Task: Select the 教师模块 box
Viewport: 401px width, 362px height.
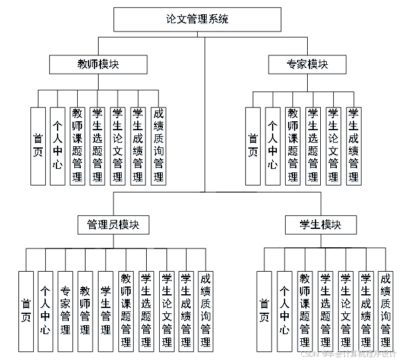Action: [97, 64]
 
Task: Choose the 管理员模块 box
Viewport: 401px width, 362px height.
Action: [113, 225]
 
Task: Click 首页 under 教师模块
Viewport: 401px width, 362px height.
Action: [37, 146]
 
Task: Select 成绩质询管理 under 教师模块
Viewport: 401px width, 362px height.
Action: [158, 146]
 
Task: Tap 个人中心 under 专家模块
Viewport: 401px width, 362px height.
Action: [272, 146]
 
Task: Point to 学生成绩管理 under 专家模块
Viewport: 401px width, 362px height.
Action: [353, 146]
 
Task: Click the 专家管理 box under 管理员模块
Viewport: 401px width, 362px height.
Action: [65, 310]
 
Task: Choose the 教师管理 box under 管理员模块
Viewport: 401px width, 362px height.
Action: [86, 310]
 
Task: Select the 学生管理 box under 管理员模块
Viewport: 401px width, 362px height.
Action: [106, 310]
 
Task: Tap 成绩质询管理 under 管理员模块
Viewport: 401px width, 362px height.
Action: [206, 310]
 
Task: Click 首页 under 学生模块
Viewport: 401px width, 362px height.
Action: [264, 310]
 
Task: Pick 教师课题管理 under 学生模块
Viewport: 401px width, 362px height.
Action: [305, 310]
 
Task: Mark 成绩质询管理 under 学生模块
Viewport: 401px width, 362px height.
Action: [385, 310]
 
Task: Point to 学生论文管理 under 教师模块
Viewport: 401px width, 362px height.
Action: [118, 146]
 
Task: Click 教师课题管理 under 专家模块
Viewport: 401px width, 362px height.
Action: [292, 146]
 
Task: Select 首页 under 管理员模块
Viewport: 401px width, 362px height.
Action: [26, 310]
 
